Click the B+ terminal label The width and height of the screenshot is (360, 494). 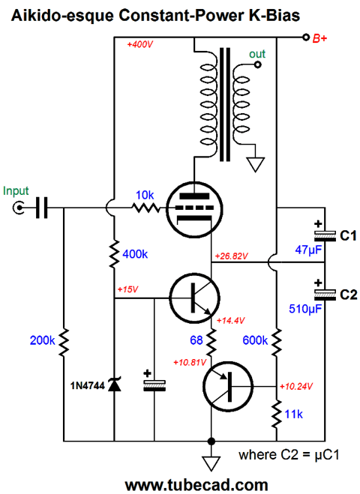pyautogui.click(x=319, y=38)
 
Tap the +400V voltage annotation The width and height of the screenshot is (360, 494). pyautogui.click(x=139, y=44)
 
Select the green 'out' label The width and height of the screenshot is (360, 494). pyautogui.click(x=257, y=54)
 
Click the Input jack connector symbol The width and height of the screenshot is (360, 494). pyautogui.click(x=19, y=208)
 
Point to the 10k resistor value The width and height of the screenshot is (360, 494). pyautogui.click(x=145, y=196)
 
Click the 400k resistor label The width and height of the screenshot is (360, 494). pyautogui.click(x=135, y=254)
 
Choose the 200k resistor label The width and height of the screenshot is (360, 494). pyautogui.click(x=42, y=340)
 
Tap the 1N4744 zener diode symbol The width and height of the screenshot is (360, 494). pyautogui.click(x=114, y=385)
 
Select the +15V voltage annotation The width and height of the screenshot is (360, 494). pyautogui.click(x=127, y=289)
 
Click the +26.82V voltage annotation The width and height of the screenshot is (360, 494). pyautogui.click(x=232, y=256)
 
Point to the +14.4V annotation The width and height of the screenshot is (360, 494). pyautogui.click(x=230, y=321)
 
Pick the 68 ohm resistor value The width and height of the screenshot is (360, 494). pyautogui.click(x=196, y=340)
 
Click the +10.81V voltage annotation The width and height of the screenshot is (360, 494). pyautogui.click(x=190, y=363)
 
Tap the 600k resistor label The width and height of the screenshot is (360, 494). pyautogui.click(x=255, y=340)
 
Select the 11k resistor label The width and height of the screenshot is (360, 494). pyautogui.click(x=293, y=415)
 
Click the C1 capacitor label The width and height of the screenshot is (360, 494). pyautogui.click(x=348, y=235)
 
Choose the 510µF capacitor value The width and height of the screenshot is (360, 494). pyautogui.click(x=305, y=309)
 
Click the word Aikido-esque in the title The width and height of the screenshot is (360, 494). pyautogui.click(x=62, y=16)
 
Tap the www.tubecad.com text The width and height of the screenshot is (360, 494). pyautogui.click(x=196, y=484)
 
